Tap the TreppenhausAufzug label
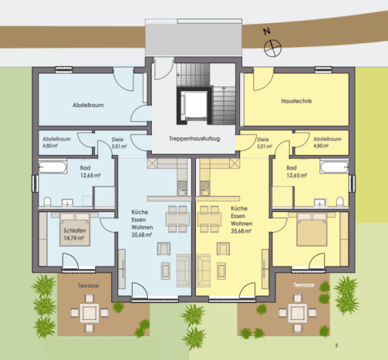(x=193, y=139)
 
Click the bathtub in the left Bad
(x=55, y=167)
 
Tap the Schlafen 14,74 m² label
(x=76, y=235)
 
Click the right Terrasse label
(x=302, y=284)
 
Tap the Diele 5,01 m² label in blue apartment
(x=118, y=142)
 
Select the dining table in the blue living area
(x=176, y=217)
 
